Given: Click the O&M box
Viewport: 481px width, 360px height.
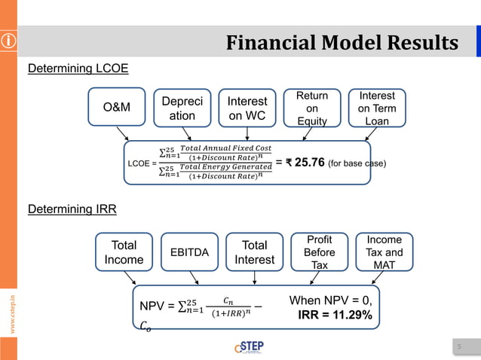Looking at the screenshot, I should tap(116, 108).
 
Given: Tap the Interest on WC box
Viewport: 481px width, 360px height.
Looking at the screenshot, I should tap(247, 108).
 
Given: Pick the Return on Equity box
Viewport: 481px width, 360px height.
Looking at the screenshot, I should tap(311, 108).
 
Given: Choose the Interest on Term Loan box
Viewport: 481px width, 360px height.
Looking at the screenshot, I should tap(377, 108).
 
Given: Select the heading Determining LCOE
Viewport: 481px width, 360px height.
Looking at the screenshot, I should tap(78, 69).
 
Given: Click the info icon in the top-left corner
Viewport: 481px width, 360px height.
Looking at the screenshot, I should tap(9, 42).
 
